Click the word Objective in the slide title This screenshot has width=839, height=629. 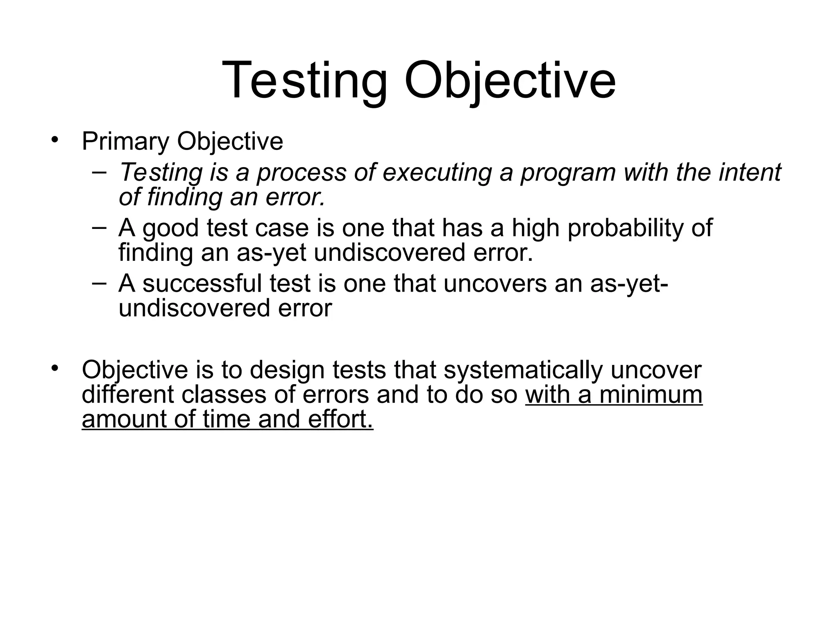(x=510, y=80)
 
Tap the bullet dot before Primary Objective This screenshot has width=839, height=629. (x=55, y=140)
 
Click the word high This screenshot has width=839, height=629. (x=535, y=228)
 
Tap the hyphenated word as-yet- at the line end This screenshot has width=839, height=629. (x=629, y=283)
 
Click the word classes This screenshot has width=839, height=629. (x=238, y=395)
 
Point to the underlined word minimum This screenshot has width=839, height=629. (x=651, y=395)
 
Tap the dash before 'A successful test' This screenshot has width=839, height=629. (x=99, y=283)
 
